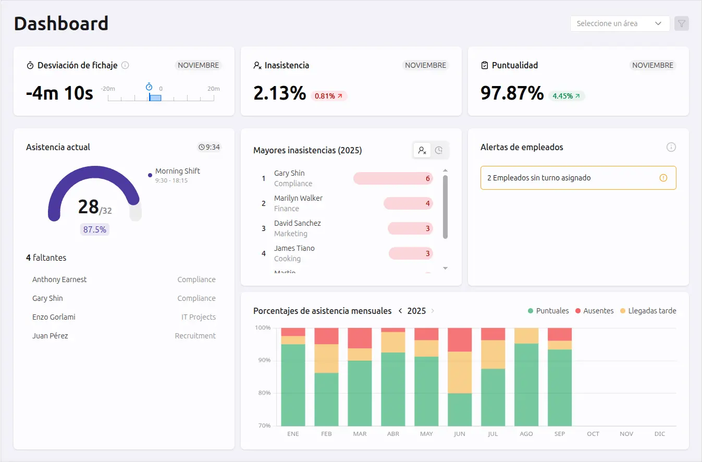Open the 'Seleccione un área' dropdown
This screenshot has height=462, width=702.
click(620, 23)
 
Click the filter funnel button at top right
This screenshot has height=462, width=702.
click(682, 23)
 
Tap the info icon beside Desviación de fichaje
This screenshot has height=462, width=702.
click(125, 65)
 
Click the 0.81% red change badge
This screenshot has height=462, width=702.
click(329, 96)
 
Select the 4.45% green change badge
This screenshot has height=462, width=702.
click(566, 96)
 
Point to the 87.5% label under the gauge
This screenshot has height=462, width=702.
click(95, 229)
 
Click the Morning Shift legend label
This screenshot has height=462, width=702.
click(177, 171)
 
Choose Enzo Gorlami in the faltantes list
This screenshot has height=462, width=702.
click(54, 317)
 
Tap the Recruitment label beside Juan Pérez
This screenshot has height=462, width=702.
click(195, 336)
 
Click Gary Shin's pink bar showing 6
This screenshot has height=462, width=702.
click(393, 178)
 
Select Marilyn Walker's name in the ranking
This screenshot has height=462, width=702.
click(298, 198)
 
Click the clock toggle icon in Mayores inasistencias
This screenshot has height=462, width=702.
click(439, 150)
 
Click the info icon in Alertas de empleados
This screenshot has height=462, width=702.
click(671, 147)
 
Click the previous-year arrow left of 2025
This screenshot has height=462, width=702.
click(400, 311)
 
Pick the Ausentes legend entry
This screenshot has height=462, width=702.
click(594, 311)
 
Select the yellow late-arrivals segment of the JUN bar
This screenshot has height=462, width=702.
click(460, 372)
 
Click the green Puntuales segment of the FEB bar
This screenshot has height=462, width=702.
click(326, 399)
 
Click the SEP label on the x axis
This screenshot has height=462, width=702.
click(560, 434)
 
